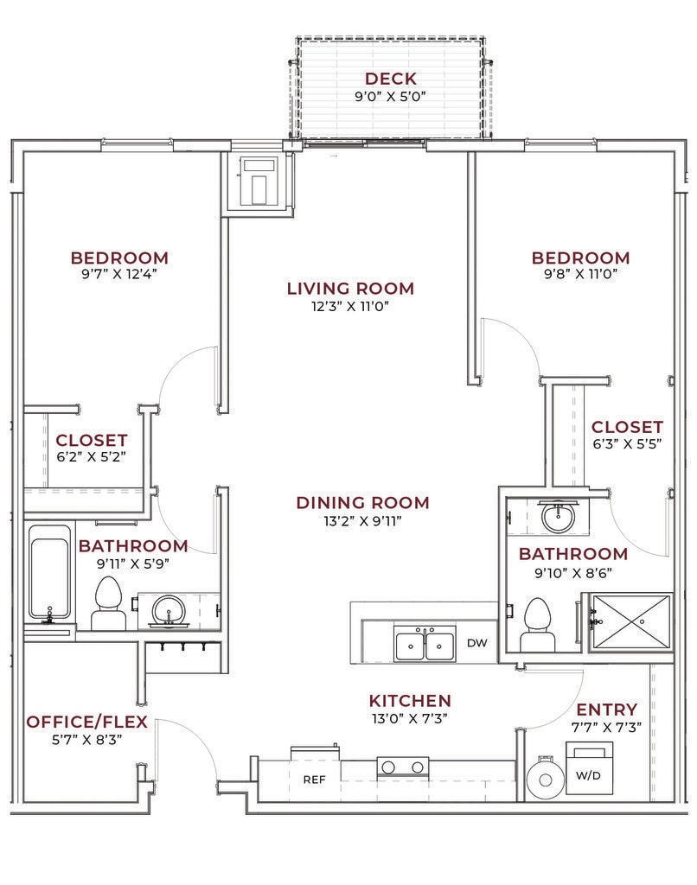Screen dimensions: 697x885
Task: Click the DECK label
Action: [x=390, y=79]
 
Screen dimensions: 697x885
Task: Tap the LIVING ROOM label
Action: [x=351, y=289]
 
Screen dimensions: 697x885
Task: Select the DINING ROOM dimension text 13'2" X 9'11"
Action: [x=362, y=520]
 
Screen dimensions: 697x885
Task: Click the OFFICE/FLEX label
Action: [x=87, y=722]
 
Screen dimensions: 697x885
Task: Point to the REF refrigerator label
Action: [x=314, y=780]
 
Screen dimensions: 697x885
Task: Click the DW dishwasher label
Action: [x=477, y=643]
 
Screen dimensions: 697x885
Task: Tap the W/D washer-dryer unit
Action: [x=589, y=768]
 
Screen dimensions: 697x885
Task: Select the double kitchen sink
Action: [x=425, y=643]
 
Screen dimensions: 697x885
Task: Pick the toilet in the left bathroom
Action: [x=108, y=602]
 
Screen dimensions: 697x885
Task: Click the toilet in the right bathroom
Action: [x=537, y=625]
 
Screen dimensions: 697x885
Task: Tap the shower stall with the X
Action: [x=631, y=621]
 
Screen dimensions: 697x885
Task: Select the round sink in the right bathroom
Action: [x=558, y=516]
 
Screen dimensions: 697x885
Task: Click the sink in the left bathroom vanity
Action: [x=168, y=611]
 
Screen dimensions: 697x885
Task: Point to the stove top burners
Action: [x=403, y=767]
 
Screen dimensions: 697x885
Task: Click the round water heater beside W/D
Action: [x=546, y=780]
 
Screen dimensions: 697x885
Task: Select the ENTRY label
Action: [x=606, y=710]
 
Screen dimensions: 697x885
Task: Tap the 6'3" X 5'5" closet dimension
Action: [x=627, y=444]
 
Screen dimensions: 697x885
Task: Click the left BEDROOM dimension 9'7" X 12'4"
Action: [x=119, y=274]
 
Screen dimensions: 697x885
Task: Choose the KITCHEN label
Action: [x=410, y=701]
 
